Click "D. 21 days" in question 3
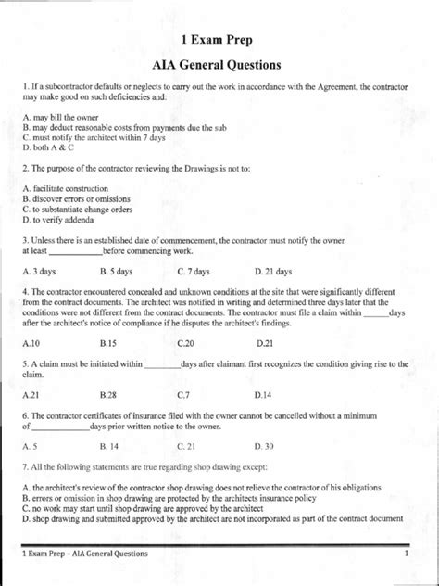coord(273,273)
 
